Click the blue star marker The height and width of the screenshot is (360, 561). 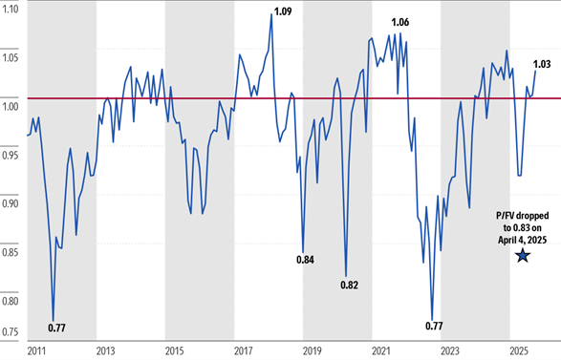(522, 255)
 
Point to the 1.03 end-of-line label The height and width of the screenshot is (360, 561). (541, 64)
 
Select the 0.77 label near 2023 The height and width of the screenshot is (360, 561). (435, 327)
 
